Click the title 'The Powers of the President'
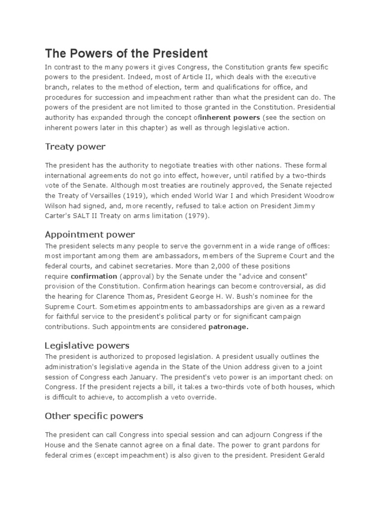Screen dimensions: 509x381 pos(126,53)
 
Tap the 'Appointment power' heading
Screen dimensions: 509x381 pos(90,234)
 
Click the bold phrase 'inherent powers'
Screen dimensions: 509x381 pos(233,117)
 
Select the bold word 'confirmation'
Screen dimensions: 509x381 pos(94,276)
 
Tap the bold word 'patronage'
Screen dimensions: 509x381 pos(228,327)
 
